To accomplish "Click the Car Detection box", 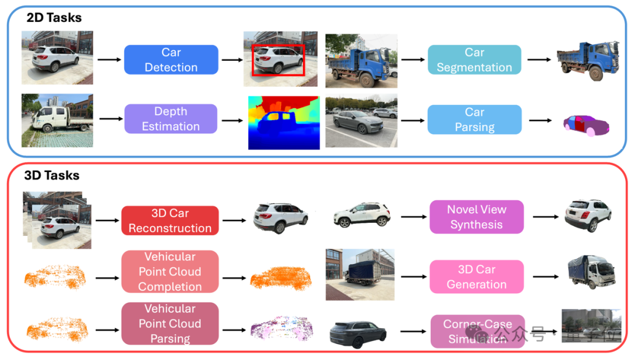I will click(171, 60).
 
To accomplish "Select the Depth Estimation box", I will click(171, 119).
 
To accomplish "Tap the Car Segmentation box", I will click(474, 60).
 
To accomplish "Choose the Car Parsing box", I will click(474, 119).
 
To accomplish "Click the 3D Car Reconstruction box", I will click(170, 220).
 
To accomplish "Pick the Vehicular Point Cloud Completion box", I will click(170, 271).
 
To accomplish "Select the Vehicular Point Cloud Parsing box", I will click(170, 323).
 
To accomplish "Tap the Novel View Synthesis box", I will click(476, 217).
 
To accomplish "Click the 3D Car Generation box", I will click(476, 277).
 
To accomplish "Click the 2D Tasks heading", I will click(54, 18).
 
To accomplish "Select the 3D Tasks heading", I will click(52, 176).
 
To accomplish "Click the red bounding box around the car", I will click(278, 46).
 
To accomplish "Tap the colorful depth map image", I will click(284, 122).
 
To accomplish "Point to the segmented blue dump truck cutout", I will click(588, 61).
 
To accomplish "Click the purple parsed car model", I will click(585, 124).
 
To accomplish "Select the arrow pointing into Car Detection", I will click(109, 60).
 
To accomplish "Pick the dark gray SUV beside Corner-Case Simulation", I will click(358, 335).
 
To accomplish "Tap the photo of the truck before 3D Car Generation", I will click(360, 274).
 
